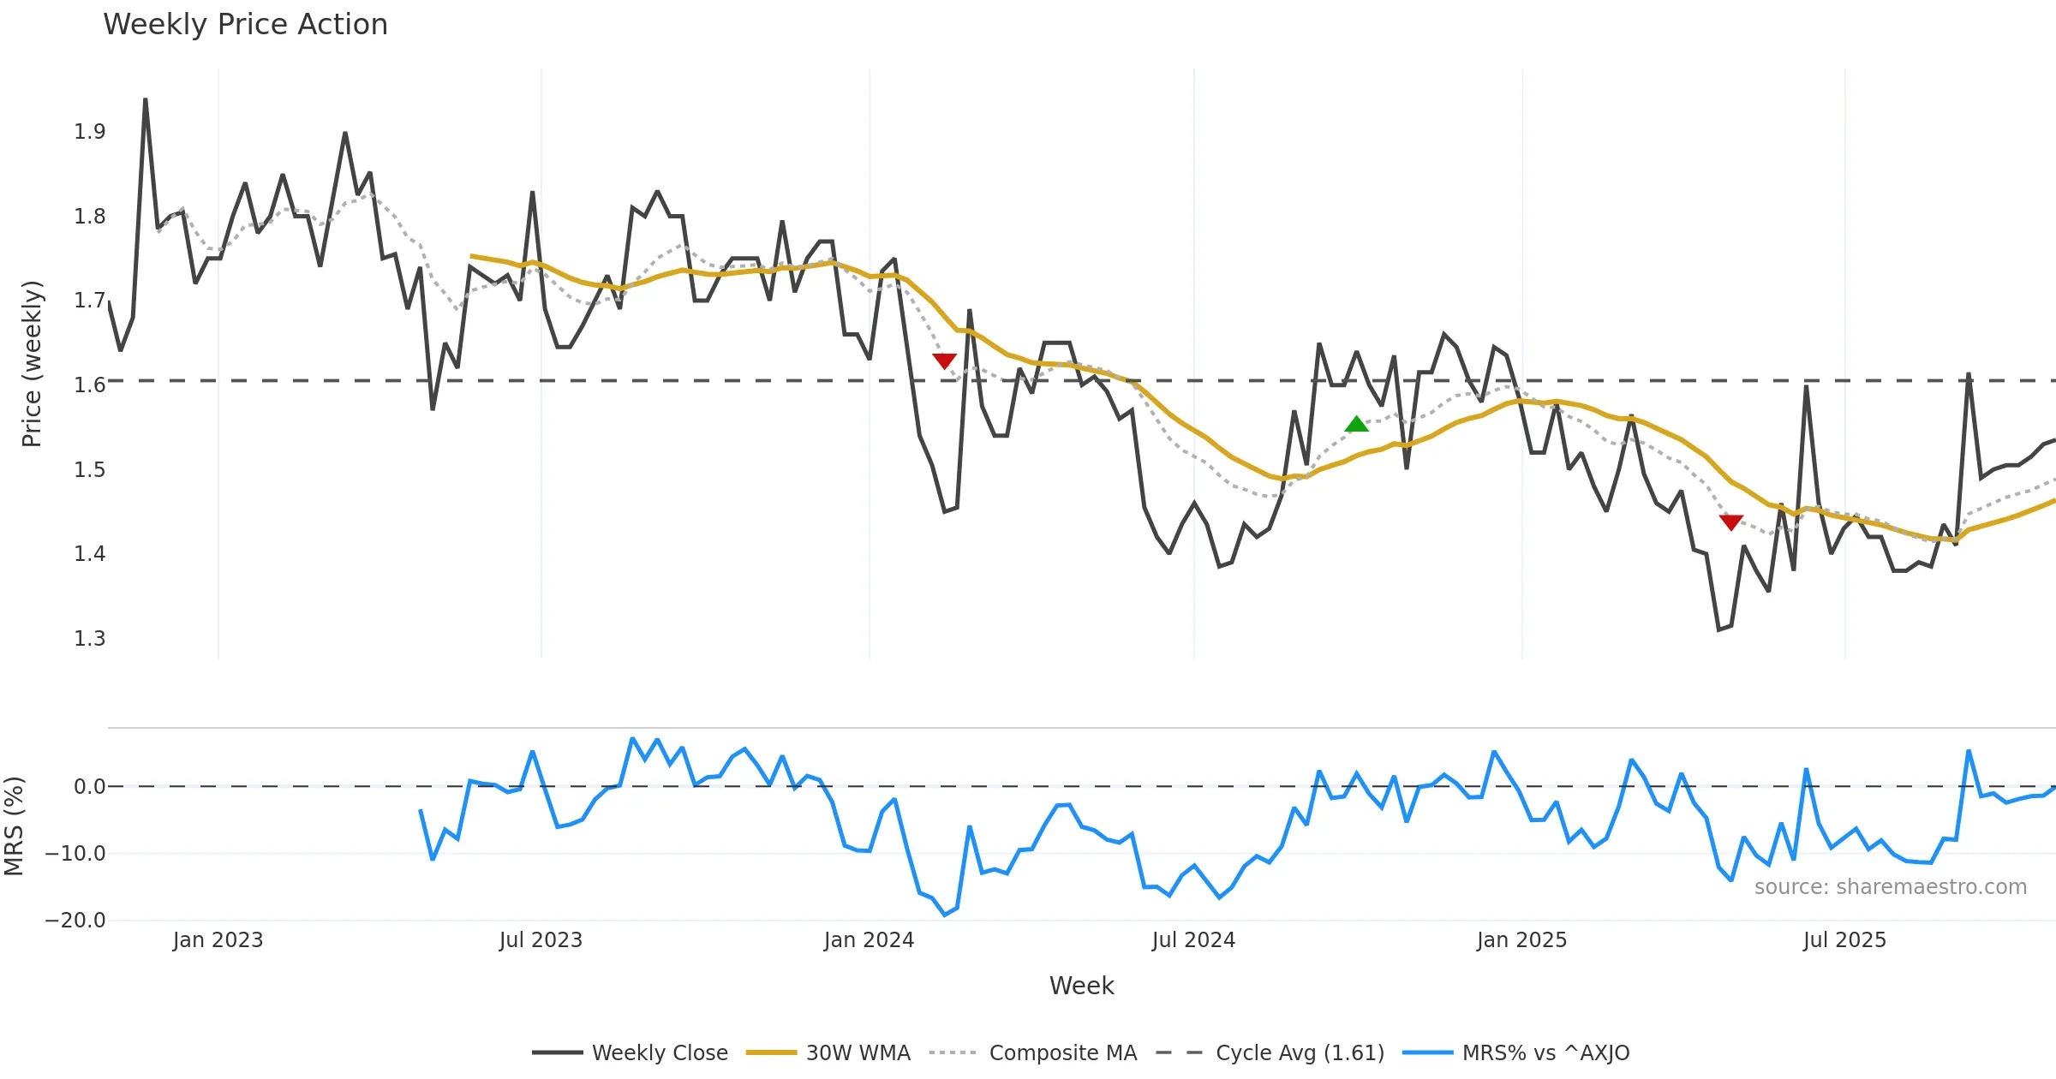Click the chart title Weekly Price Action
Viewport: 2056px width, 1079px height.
245,25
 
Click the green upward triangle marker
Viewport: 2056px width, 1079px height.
1356,424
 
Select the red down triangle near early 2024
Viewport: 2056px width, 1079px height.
944,361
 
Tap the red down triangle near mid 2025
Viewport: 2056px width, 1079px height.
1730,522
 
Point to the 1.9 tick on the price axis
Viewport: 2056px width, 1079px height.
90,132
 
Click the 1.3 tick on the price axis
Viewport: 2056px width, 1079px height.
90,639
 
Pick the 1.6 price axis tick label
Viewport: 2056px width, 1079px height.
90,385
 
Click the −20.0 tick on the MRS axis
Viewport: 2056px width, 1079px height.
75,921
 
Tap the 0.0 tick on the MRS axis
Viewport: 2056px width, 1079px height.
90,787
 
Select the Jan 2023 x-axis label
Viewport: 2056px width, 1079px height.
218,940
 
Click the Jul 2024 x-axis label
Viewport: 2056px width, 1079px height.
1193,940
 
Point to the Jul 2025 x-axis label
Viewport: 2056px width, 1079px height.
1844,940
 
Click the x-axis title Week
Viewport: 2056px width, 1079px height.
1081,986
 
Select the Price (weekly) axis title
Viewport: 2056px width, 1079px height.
32,364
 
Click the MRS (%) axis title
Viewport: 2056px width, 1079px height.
14,826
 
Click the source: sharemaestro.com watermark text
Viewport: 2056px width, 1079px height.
1890,887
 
